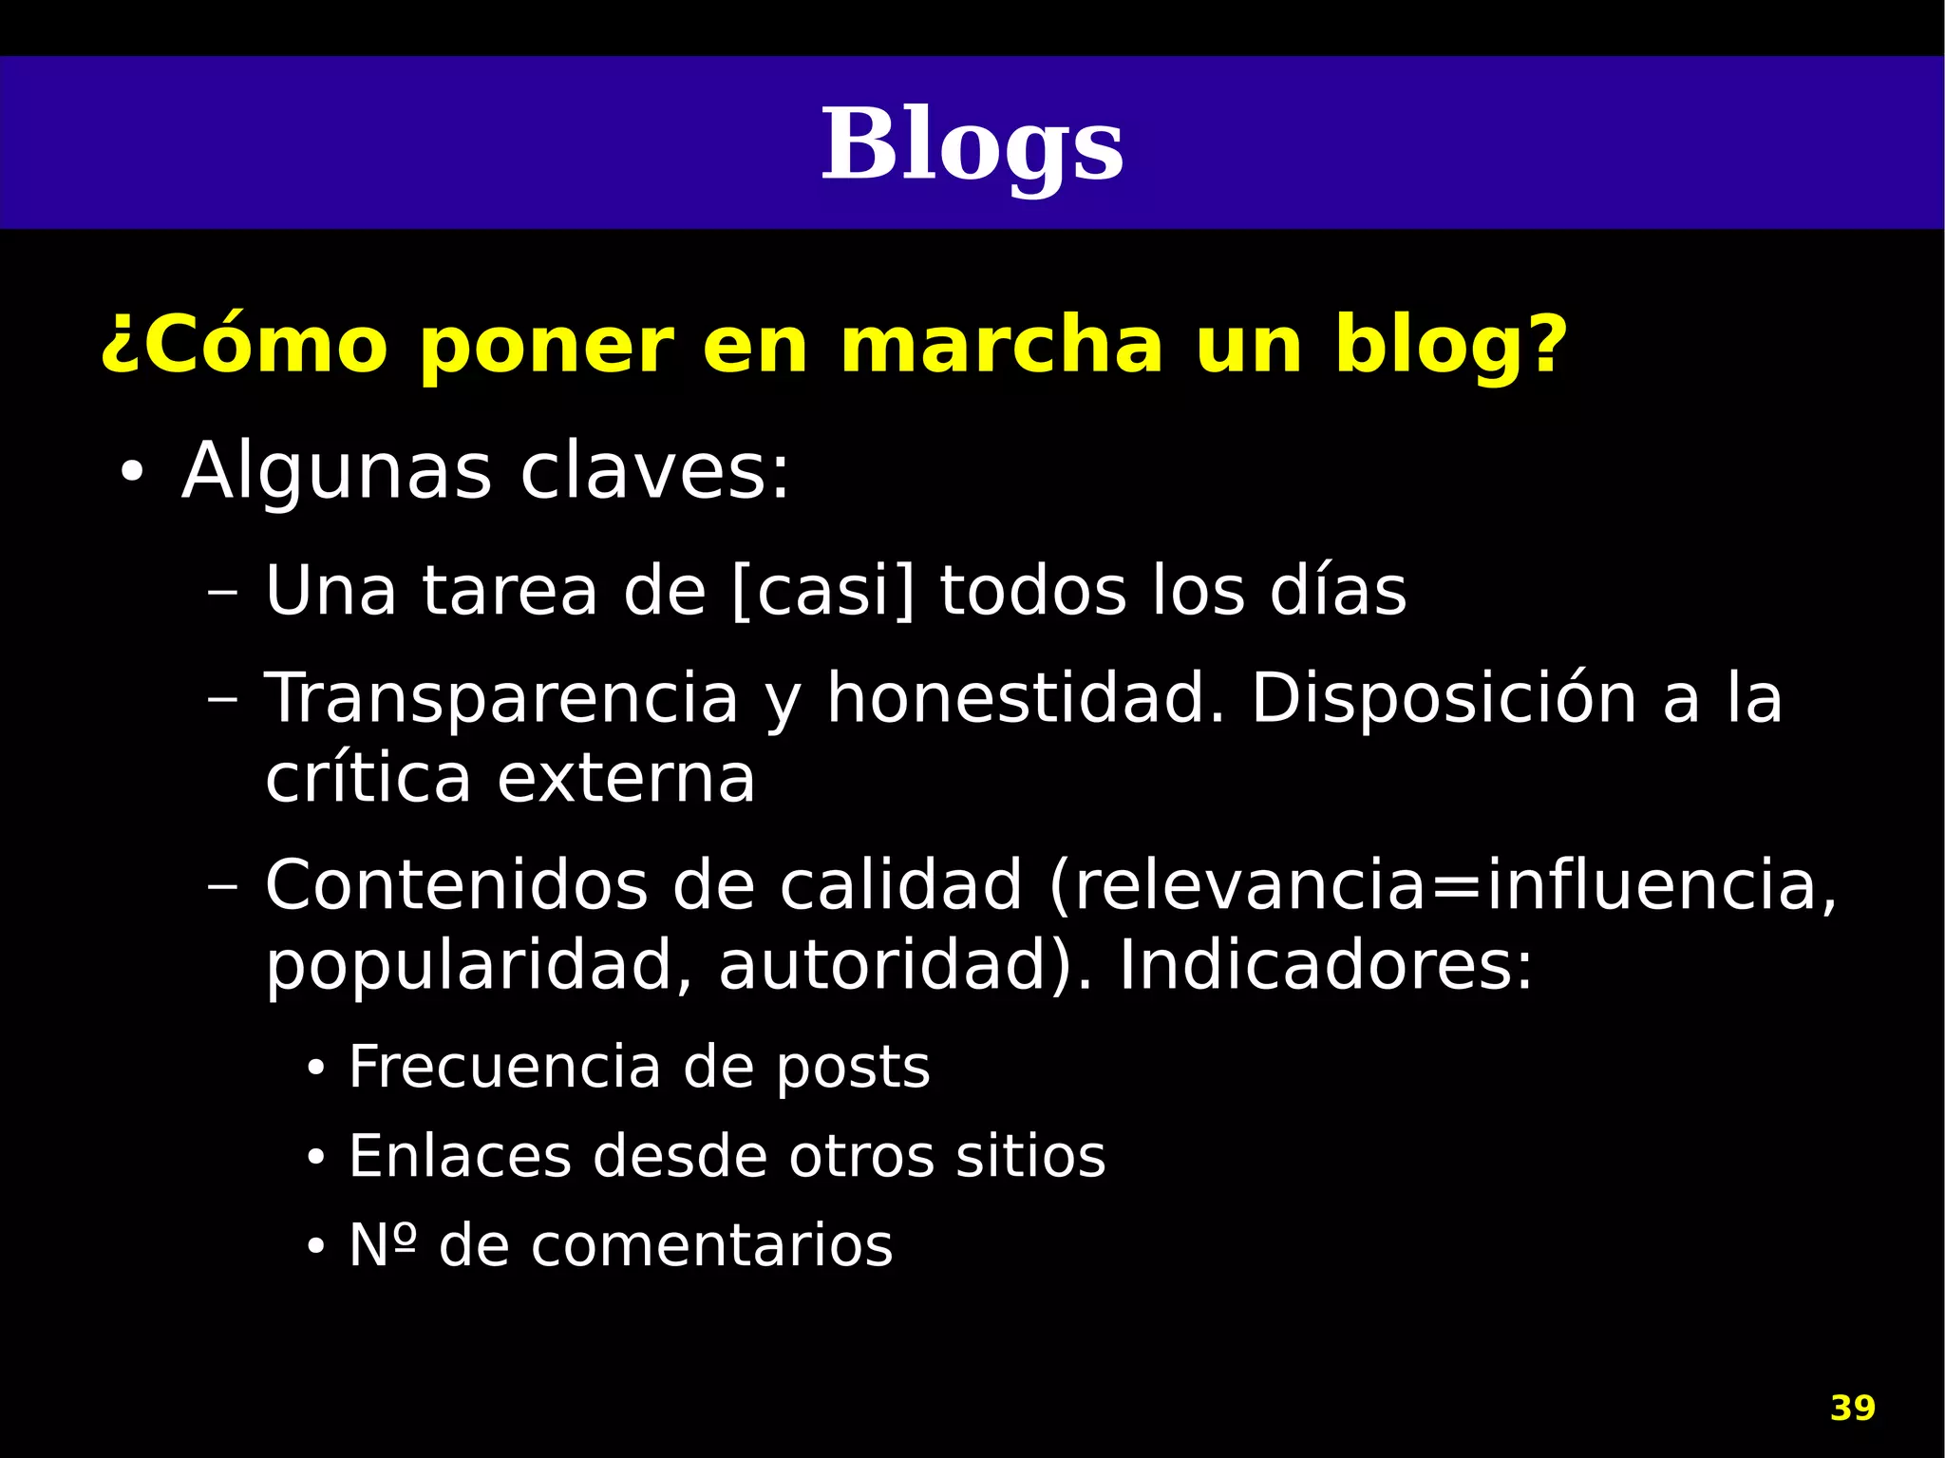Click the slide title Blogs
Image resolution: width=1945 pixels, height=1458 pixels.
pyautogui.click(x=972, y=145)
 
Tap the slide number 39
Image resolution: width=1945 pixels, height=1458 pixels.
pyautogui.click(x=1852, y=1408)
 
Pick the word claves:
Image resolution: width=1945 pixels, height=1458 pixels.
pyautogui.click(x=654, y=472)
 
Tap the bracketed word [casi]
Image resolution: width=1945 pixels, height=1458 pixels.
pyautogui.click(x=823, y=591)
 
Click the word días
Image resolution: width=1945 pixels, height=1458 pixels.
pyautogui.click(x=1338, y=591)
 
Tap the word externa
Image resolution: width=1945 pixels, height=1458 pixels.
pyautogui.click(x=626, y=779)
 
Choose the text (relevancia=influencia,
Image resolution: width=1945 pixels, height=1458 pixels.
pyautogui.click(x=1444, y=885)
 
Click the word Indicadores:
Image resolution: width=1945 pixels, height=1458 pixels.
pyautogui.click(x=1326, y=966)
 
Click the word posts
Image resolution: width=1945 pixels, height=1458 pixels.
pyautogui.click(x=853, y=1068)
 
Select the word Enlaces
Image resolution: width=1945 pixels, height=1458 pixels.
pyautogui.click(x=460, y=1156)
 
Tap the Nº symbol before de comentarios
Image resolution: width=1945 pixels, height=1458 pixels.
pyautogui.click(x=382, y=1245)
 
